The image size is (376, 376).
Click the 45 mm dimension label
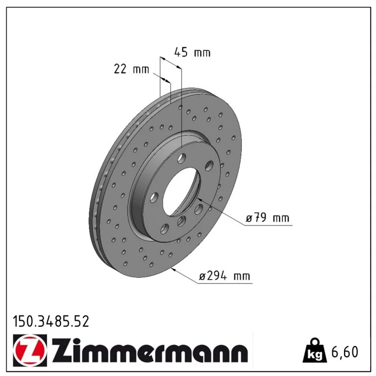pos(192,52)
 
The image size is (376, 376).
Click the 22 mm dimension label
pos(131,69)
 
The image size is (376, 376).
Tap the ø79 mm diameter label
pos(267,218)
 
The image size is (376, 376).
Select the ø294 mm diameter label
pos(225,276)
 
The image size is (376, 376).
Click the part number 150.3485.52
pos(51,321)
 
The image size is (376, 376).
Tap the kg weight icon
pos(315,350)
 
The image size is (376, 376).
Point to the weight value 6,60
pos(345,352)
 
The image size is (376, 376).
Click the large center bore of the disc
pos(181,192)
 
